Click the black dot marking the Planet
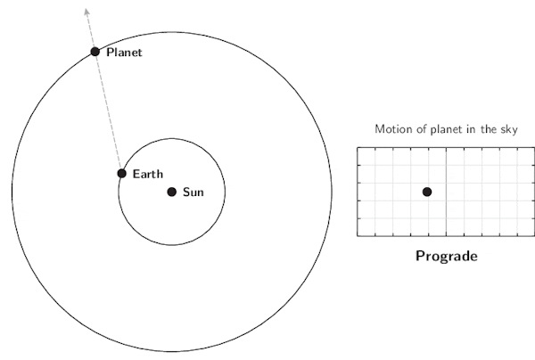coord(95,52)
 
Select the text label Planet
coord(124,53)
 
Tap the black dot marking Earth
coord(122,173)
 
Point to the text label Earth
coord(147,174)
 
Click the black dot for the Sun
coord(172,192)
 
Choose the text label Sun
coord(193,192)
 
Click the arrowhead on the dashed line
coord(86,11)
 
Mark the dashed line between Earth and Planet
coord(109,112)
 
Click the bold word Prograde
coord(446,257)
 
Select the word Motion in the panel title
coord(393,130)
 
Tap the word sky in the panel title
coord(509,130)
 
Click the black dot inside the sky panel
coord(427,192)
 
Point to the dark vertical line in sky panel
coord(446,214)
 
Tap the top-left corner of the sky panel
coord(358,148)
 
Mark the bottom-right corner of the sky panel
coord(534,236)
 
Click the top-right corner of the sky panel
coord(534,148)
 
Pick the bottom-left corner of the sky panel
coord(358,236)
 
